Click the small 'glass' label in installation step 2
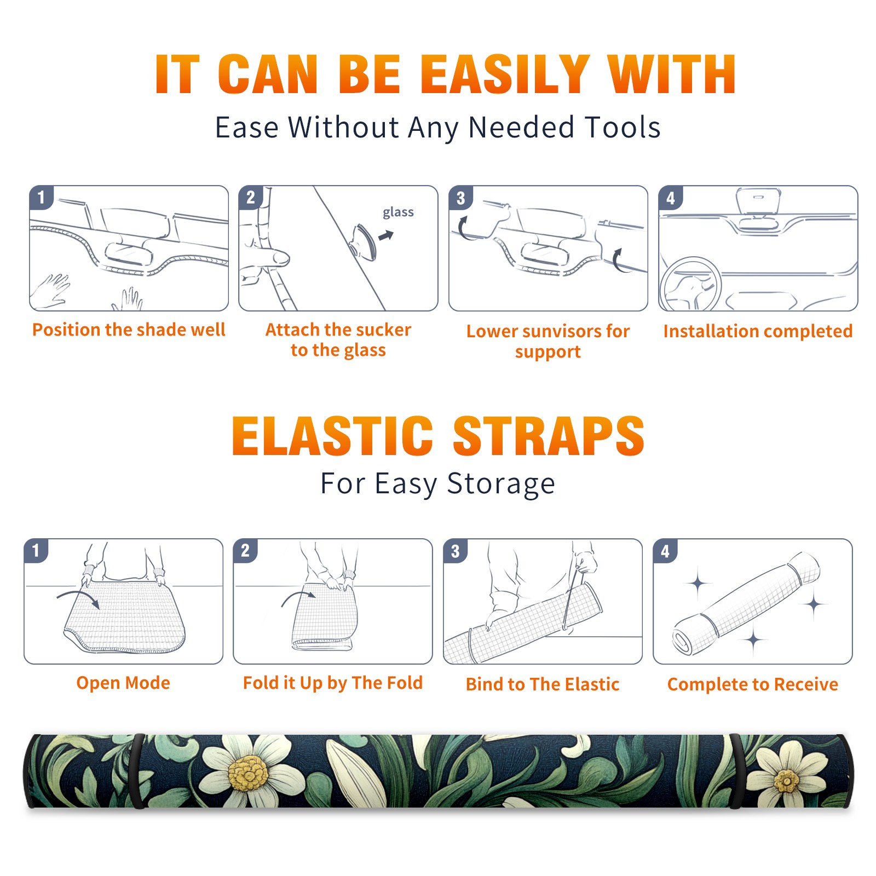coord(398,212)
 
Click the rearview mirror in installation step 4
coord(758,201)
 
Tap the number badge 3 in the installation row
coord(460,198)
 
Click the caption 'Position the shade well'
coord(129,330)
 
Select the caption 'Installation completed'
coord(758,331)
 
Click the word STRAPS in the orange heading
coord(549,436)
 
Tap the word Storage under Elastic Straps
coord(501,484)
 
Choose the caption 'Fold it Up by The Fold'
coord(333,683)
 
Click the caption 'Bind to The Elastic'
coord(543,684)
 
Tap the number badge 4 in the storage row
coord(665,551)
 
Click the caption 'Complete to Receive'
coord(753,684)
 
